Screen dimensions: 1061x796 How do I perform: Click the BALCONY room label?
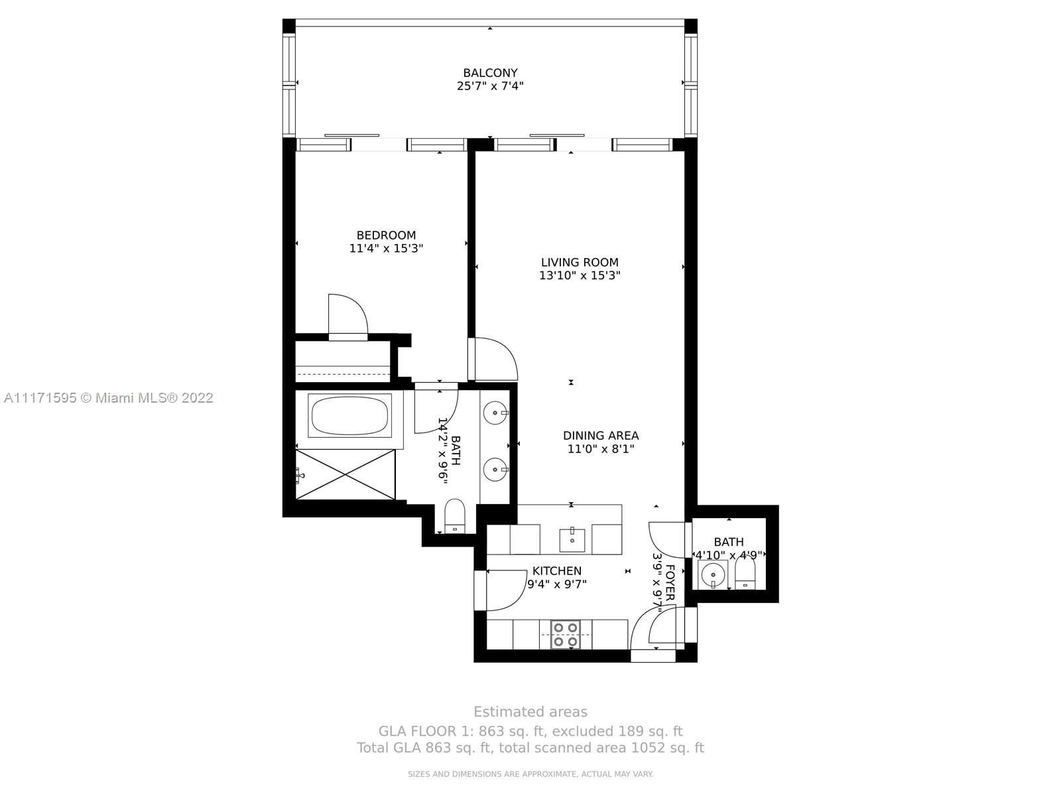tap(490, 73)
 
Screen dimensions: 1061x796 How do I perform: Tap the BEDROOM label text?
tap(386, 235)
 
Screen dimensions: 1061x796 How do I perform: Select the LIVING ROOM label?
tap(580, 263)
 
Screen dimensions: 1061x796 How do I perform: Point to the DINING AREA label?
tap(601, 435)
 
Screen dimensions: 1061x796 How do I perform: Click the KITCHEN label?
tap(557, 570)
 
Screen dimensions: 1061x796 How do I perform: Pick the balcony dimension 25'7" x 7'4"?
tap(490, 86)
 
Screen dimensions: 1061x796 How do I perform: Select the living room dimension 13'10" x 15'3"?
tap(580, 275)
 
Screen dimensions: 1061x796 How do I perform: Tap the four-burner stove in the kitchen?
tap(566, 635)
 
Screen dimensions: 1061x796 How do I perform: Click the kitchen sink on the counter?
tap(572, 539)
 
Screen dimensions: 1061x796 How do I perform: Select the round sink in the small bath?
tap(712, 575)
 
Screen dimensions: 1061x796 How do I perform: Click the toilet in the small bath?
tap(745, 572)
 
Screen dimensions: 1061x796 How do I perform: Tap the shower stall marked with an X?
tap(345, 474)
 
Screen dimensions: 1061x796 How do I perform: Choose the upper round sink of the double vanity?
tap(495, 413)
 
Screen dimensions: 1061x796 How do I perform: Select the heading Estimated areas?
tap(530, 712)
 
